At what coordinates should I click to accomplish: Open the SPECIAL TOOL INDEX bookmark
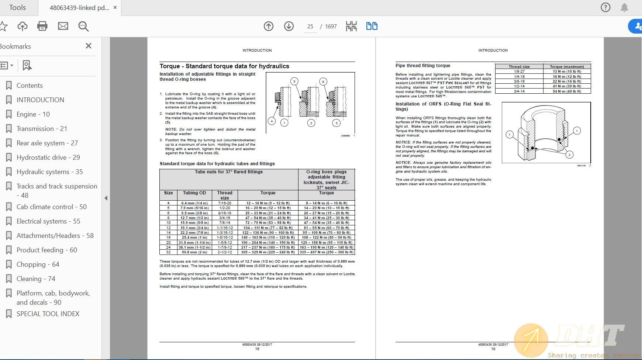pyautogui.click(x=48, y=314)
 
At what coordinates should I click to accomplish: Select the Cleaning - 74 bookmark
pyautogui.click(x=36, y=279)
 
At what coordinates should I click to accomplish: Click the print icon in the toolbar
pyautogui.click(x=42, y=26)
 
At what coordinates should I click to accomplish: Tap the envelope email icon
pyautogui.click(x=63, y=26)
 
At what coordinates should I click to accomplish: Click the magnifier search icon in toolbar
pyautogui.click(x=83, y=26)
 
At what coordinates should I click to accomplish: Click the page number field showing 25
pyautogui.click(x=310, y=27)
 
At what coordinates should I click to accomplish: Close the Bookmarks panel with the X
pyautogui.click(x=88, y=46)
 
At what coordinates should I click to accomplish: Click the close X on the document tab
pyautogui.click(x=115, y=8)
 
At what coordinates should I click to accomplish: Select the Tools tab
pyautogui.click(x=17, y=8)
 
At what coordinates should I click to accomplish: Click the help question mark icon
pyautogui.click(x=605, y=7)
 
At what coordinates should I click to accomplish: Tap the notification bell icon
pyautogui.click(x=624, y=7)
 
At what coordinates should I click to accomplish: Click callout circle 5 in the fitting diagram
pyautogui.click(x=294, y=81)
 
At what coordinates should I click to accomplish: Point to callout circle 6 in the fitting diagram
pyautogui.click(x=323, y=82)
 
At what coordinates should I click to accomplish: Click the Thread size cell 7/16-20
pyautogui.click(x=225, y=203)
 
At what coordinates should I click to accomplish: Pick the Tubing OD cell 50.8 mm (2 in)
pyautogui.click(x=194, y=252)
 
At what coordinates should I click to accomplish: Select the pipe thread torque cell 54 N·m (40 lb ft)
pyautogui.click(x=567, y=91)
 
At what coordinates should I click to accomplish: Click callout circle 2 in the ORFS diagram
pyautogui.click(x=569, y=155)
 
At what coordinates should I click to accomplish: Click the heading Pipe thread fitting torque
pyautogui.click(x=423, y=66)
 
